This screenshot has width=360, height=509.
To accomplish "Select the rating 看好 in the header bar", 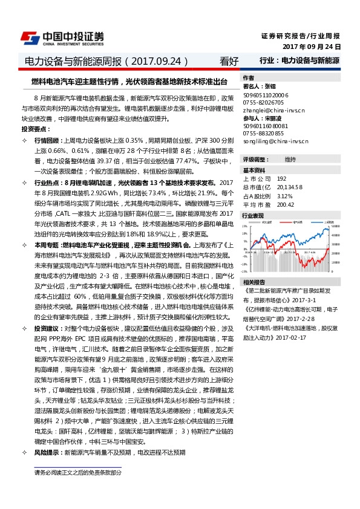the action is (x=229, y=61).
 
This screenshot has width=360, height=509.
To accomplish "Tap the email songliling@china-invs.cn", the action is (x=275, y=140).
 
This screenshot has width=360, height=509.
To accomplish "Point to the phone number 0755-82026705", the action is (x=263, y=103).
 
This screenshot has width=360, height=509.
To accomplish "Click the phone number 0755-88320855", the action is (x=263, y=132).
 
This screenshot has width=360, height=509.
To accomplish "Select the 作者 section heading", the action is (x=248, y=79).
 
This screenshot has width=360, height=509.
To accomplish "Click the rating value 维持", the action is (x=290, y=159).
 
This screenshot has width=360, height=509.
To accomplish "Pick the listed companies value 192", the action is (x=282, y=179).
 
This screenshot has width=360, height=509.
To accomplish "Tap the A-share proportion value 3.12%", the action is (x=285, y=196).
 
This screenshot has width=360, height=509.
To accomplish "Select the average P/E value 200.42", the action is (x=286, y=204).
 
